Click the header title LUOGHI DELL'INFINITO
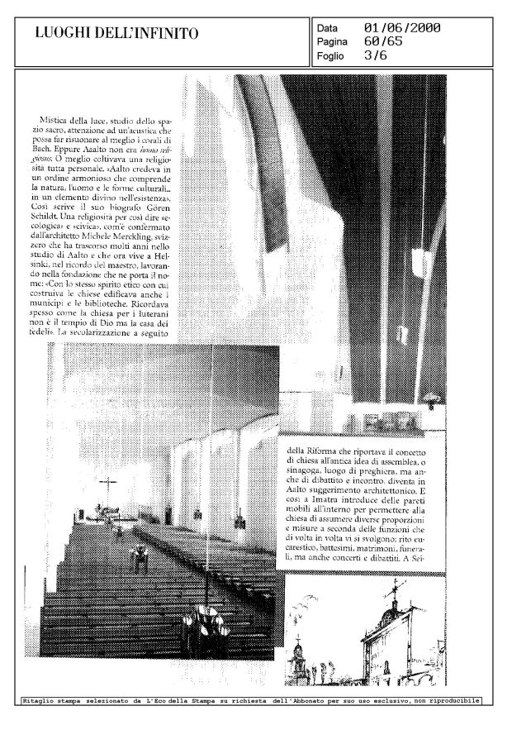click(x=116, y=34)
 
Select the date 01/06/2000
click(x=401, y=28)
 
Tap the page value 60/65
click(x=383, y=42)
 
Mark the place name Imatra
click(x=330, y=503)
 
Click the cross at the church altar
click(x=106, y=488)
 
